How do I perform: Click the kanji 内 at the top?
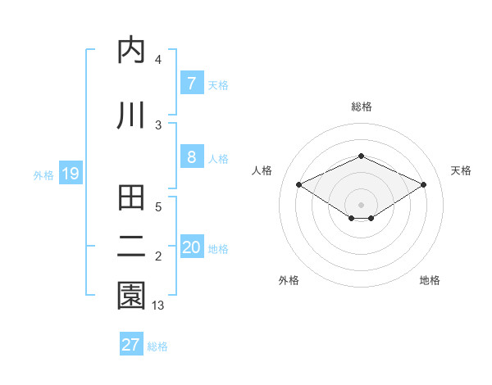click(x=132, y=51)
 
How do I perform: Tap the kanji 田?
click(x=132, y=199)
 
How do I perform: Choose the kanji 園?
click(x=132, y=296)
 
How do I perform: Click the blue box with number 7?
click(x=191, y=84)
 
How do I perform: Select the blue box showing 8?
click(x=191, y=157)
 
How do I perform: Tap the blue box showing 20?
click(x=191, y=247)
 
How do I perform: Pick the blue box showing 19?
click(x=70, y=174)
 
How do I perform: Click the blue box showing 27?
click(x=131, y=345)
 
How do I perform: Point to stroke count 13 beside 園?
click(x=158, y=306)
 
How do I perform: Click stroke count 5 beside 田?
click(x=158, y=207)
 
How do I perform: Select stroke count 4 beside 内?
click(x=158, y=60)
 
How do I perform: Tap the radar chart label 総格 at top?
click(x=361, y=106)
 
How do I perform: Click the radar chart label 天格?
click(x=461, y=170)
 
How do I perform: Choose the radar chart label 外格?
click(x=289, y=280)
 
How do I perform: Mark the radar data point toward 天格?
click(x=423, y=185)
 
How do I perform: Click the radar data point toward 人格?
click(x=299, y=185)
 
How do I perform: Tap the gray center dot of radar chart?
click(x=361, y=204)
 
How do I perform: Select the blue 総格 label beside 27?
click(x=157, y=346)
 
